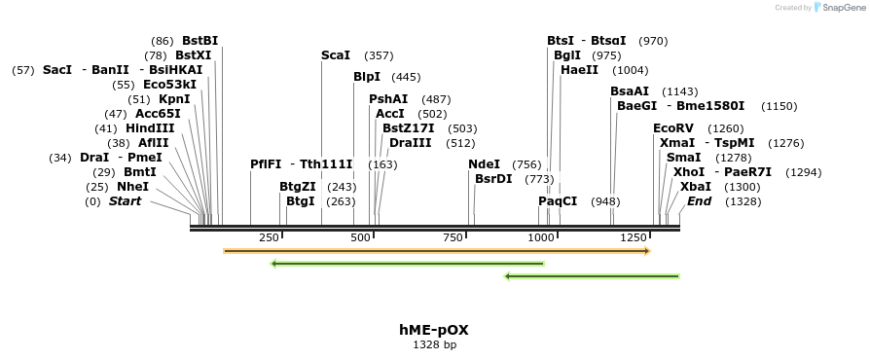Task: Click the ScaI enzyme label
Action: tap(336, 55)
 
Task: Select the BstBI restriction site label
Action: tap(199, 41)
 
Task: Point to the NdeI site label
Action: tap(484, 164)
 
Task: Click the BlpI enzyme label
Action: tap(366, 77)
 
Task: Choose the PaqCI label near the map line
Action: tap(558, 201)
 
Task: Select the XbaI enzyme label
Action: tap(695, 187)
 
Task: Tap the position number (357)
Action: tap(379, 55)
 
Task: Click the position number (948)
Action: tap(605, 201)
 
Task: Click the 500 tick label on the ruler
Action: tap(360, 238)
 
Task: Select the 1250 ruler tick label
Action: tap(634, 238)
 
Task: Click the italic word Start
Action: tap(125, 201)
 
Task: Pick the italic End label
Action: tap(699, 201)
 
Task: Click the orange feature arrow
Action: tap(436, 251)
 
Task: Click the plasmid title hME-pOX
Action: tap(434, 330)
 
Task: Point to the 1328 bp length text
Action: tap(434, 344)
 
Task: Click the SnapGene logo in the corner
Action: tap(840, 8)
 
